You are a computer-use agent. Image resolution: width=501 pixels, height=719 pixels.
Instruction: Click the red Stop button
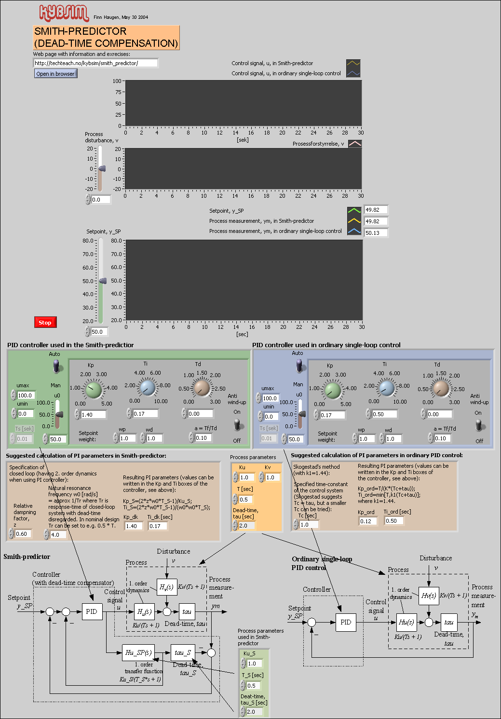click(x=45, y=323)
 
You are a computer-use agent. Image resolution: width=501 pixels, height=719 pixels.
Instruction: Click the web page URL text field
click(x=95, y=63)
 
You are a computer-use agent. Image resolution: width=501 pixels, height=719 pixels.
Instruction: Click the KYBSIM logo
click(x=64, y=13)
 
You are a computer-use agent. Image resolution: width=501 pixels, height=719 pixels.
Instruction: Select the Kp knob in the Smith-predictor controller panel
click(x=94, y=389)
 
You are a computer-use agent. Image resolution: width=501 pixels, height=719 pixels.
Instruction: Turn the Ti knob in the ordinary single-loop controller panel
click(x=387, y=388)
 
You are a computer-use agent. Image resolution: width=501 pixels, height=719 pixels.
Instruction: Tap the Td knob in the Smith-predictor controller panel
click(x=202, y=388)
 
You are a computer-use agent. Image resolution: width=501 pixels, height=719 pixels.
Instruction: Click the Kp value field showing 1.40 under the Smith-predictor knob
click(x=93, y=414)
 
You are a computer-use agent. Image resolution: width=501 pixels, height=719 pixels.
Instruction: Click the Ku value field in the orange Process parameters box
click(x=247, y=477)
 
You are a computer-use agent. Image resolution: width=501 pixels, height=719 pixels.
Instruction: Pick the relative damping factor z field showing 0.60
click(x=23, y=534)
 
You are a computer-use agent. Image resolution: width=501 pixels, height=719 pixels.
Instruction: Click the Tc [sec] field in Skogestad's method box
click(x=309, y=525)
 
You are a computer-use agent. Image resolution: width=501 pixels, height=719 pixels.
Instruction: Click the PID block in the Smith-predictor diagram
click(x=92, y=611)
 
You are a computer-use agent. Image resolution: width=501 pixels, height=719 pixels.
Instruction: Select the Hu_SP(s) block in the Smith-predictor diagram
click(x=138, y=652)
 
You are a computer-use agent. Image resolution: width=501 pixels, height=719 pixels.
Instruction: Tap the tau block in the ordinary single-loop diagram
click(x=449, y=622)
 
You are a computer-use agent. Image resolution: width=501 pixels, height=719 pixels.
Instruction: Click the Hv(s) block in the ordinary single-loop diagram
click(x=428, y=596)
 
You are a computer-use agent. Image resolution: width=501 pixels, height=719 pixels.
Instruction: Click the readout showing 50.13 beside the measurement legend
click(x=376, y=233)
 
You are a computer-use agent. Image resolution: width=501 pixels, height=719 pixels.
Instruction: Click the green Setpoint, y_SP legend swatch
click(x=354, y=210)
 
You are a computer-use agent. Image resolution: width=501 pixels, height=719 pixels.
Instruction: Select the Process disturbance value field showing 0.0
click(x=100, y=200)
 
